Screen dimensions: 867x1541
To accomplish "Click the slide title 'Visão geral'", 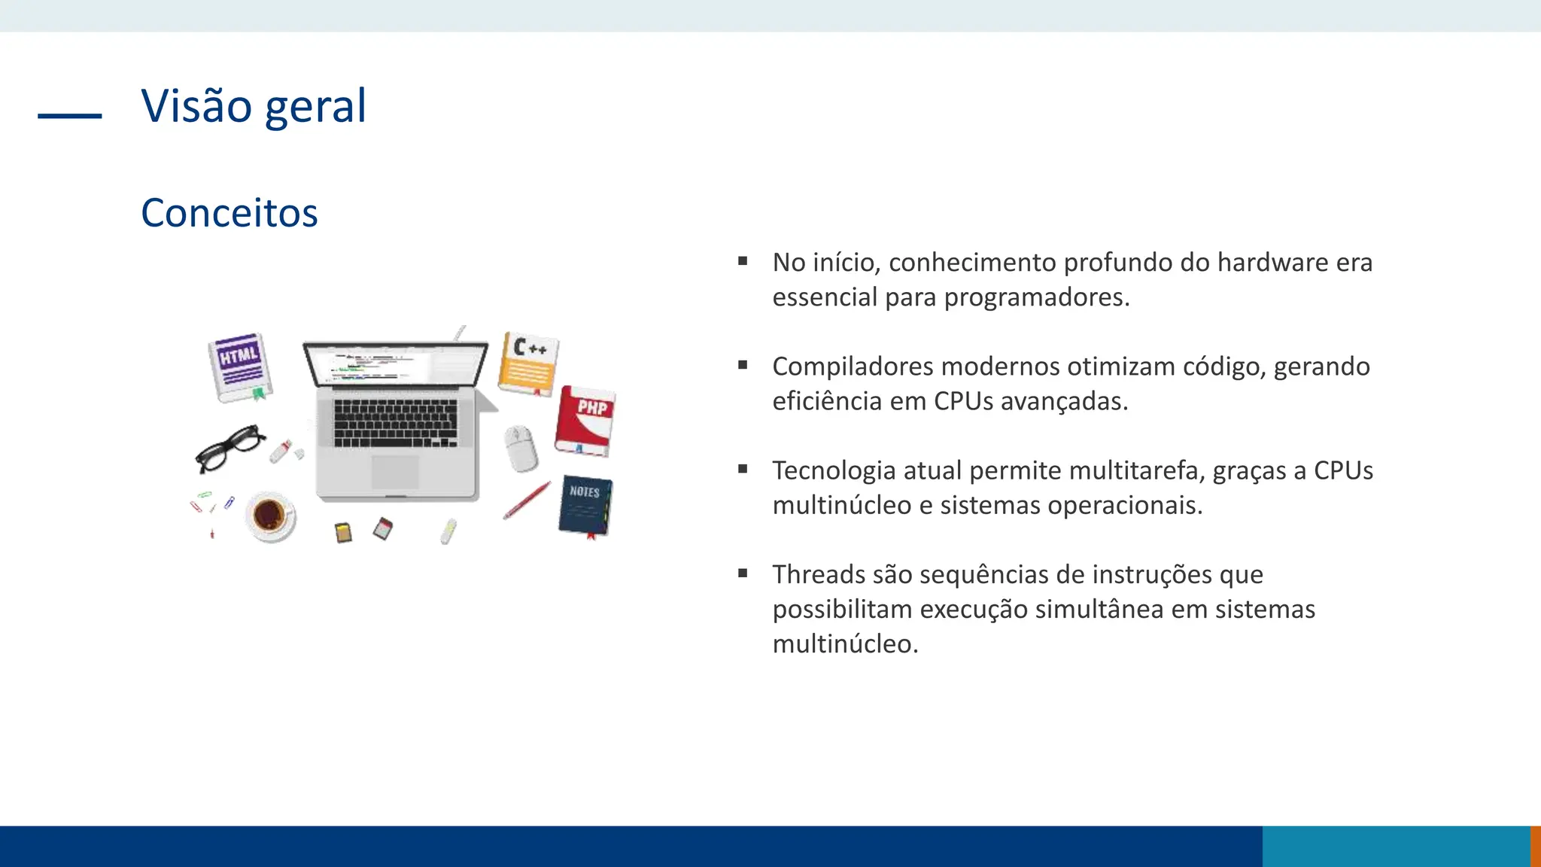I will [254, 106].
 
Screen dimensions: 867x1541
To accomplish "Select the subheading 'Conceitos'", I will [229, 213].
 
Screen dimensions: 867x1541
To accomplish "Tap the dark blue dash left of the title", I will [69, 116].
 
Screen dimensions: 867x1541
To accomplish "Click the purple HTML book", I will [239, 367].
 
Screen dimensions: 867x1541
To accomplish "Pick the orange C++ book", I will [528, 364].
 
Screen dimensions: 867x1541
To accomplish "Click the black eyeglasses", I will [229, 447].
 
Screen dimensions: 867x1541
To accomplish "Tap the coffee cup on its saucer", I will [270, 516].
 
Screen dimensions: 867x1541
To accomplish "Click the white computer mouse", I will [521, 448].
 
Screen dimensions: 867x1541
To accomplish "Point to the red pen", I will [527, 500].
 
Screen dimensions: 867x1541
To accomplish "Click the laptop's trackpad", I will [395, 472].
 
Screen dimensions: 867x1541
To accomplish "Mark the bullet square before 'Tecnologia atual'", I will [743, 470].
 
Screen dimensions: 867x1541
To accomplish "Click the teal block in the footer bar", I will [1396, 846].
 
